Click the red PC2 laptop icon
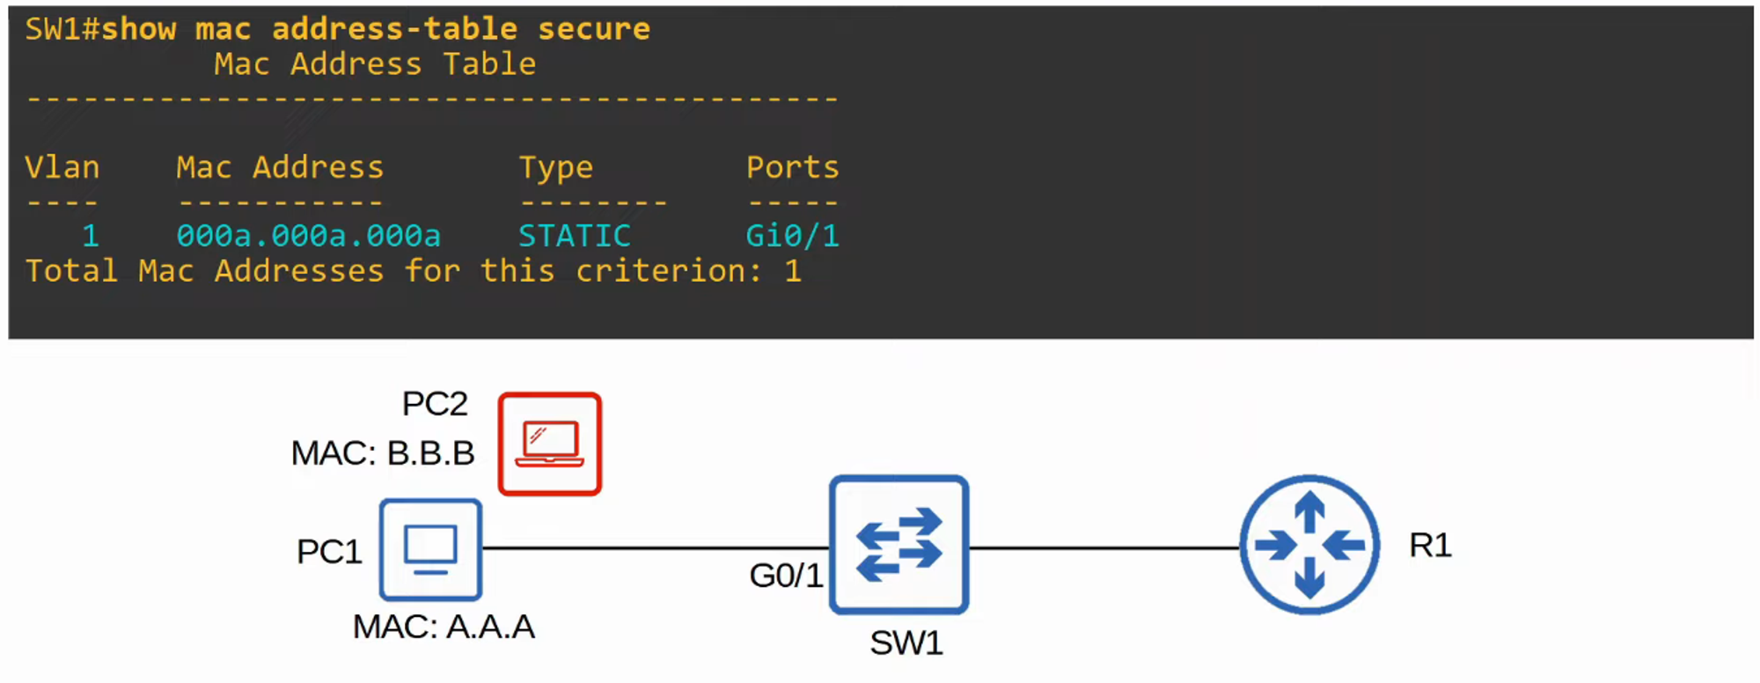(550, 444)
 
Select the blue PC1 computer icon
(430, 550)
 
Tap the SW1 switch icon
(898, 545)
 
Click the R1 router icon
(1309, 545)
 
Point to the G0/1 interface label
(786, 576)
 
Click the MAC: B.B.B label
(383, 453)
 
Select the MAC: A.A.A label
(444, 627)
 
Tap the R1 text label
(1430, 546)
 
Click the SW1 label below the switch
(906, 643)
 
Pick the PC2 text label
(435, 404)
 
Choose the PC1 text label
(329, 552)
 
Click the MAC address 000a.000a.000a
(308, 236)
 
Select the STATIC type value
(574, 236)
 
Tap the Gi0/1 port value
(792, 236)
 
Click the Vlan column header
(62, 167)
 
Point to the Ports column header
(792, 167)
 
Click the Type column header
(556, 167)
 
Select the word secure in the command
(594, 29)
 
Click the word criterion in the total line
(668, 271)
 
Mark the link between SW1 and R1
(1104, 547)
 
